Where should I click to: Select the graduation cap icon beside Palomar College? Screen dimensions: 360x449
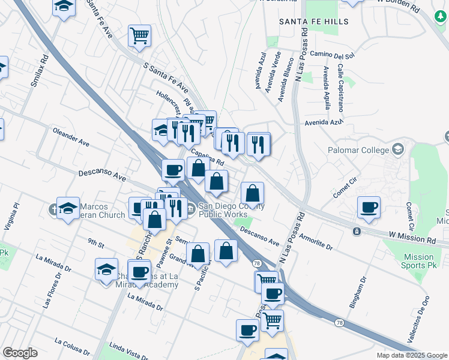click(x=397, y=149)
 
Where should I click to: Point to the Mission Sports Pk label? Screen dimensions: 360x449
click(x=418, y=260)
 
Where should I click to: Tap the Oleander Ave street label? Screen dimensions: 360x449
click(x=71, y=136)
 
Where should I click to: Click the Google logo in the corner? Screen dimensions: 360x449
click(x=20, y=353)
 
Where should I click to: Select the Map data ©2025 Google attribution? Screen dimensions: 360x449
click(x=411, y=355)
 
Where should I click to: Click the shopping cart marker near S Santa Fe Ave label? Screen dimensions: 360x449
click(x=139, y=35)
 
